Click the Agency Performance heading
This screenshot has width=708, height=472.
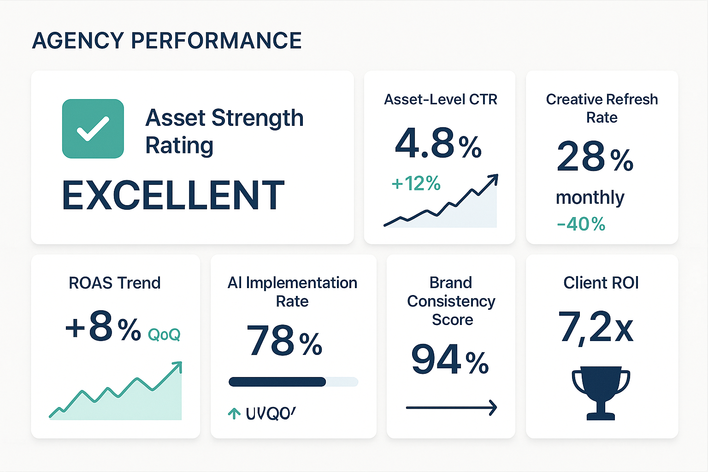[x=167, y=41]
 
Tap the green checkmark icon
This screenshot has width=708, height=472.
[x=93, y=129]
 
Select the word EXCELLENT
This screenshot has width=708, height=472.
[x=173, y=195]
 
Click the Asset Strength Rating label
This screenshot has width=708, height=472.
[x=224, y=131]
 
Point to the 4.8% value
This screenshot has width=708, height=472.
[x=438, y=144]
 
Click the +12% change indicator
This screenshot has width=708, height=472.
[x=416, y=183]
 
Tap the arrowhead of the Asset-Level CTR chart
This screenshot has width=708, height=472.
[x=494, y=178]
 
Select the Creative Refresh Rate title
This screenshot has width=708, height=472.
[x=602, y=108]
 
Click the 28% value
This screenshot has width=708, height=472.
[x=595, y=158]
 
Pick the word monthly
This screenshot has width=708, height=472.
[x=590, y=197]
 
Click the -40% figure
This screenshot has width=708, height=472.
[x=581, y=224]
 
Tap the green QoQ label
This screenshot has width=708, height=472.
[x=164, y=335]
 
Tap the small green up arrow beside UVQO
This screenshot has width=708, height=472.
[x=234, y=413]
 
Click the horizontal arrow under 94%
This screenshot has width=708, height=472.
[x=451, y=407]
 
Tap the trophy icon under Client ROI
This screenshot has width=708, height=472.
[x=601, y=392]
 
